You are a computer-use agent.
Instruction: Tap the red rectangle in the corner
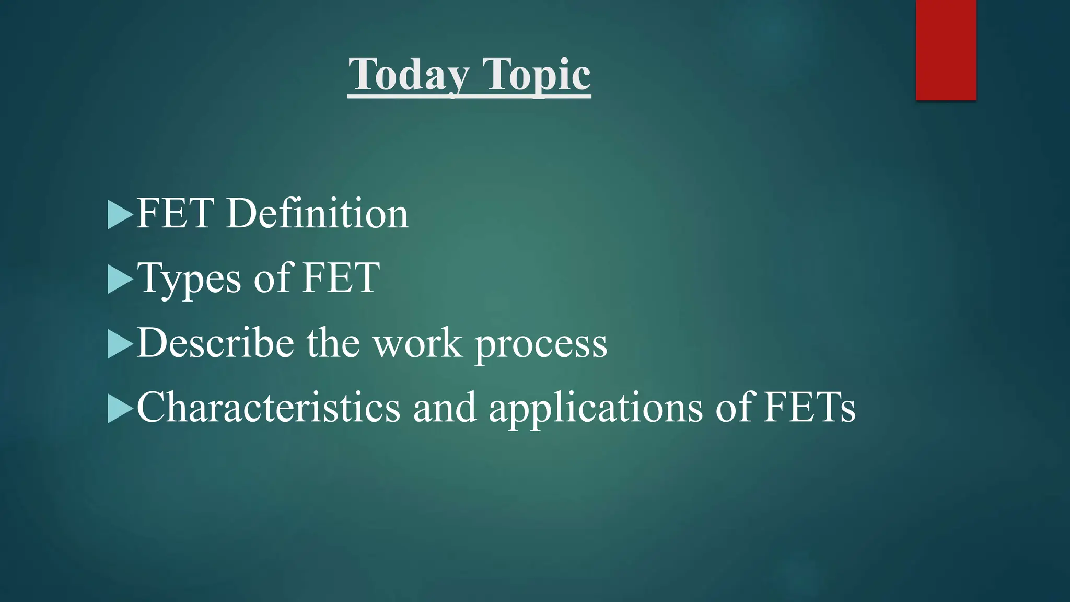pos(946,50)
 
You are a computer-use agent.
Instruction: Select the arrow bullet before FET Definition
pos(120,214)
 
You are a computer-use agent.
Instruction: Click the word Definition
pos(317,214)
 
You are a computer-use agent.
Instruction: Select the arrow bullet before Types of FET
pos(120,279)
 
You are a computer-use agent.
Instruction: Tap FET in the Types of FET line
pos(341,278)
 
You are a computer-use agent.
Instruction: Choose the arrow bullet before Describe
pos(120,344)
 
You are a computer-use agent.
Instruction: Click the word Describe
pos(215,343)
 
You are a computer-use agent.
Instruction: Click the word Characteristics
pos(268,408)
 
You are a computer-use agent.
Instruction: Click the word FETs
pos(809,408)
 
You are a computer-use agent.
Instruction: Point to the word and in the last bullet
pos(445,408)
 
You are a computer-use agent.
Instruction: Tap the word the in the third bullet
pos(333,343)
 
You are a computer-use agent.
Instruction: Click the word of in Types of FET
pos(272,278)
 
